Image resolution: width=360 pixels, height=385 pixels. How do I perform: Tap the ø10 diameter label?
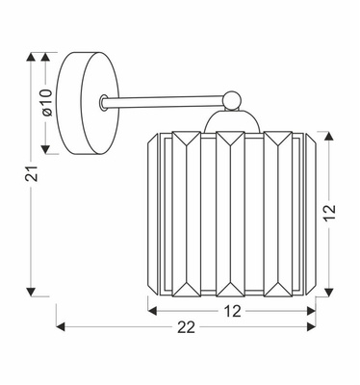tap(45, 103)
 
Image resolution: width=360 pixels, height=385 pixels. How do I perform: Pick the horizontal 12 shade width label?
tap(232, 310)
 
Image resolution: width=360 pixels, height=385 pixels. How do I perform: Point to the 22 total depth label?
tap(186, 328)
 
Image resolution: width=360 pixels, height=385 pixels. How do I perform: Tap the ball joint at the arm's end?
tap(230, 97)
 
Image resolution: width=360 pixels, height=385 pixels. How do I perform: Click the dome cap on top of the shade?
tap(230, 120)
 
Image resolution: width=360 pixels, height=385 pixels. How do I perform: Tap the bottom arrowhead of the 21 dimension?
tap(32, 291)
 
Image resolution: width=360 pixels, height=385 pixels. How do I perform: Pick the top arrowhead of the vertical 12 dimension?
tap(330, 134)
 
